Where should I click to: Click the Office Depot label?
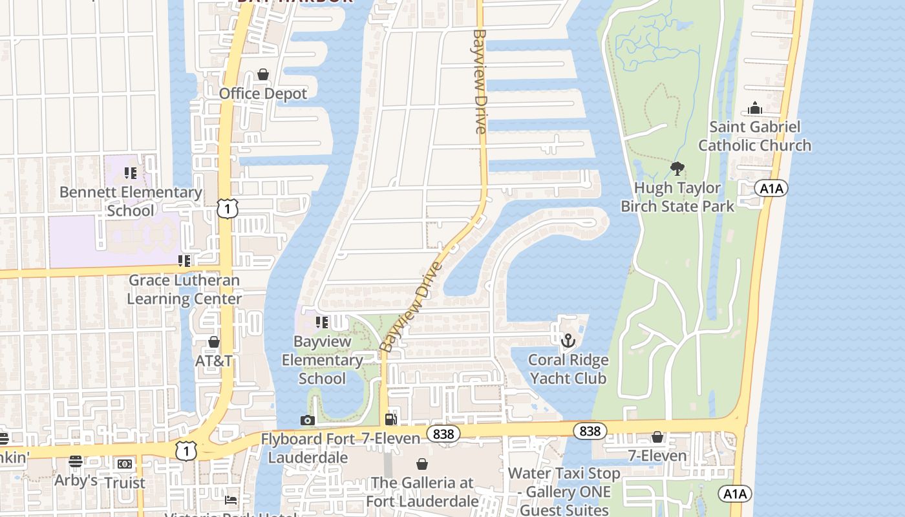263,94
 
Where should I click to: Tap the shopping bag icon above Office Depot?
263,75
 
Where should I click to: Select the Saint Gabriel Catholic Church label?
754,136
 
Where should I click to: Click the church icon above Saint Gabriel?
754,109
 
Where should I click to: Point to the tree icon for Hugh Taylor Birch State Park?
677,169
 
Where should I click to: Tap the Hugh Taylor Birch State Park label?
677,197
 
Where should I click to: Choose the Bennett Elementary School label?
131,201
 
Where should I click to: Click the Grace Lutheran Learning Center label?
184,290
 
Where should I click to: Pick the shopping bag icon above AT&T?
214,342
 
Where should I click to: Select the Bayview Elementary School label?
322,360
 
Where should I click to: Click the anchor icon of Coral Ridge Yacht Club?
568,340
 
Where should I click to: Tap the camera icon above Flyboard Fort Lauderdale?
308,421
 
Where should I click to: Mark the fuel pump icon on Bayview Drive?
390,419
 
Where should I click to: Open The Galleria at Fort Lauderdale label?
422,492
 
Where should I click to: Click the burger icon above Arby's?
76,461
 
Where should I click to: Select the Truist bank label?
125,483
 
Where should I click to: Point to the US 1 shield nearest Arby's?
186,451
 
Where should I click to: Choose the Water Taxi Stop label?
564,483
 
